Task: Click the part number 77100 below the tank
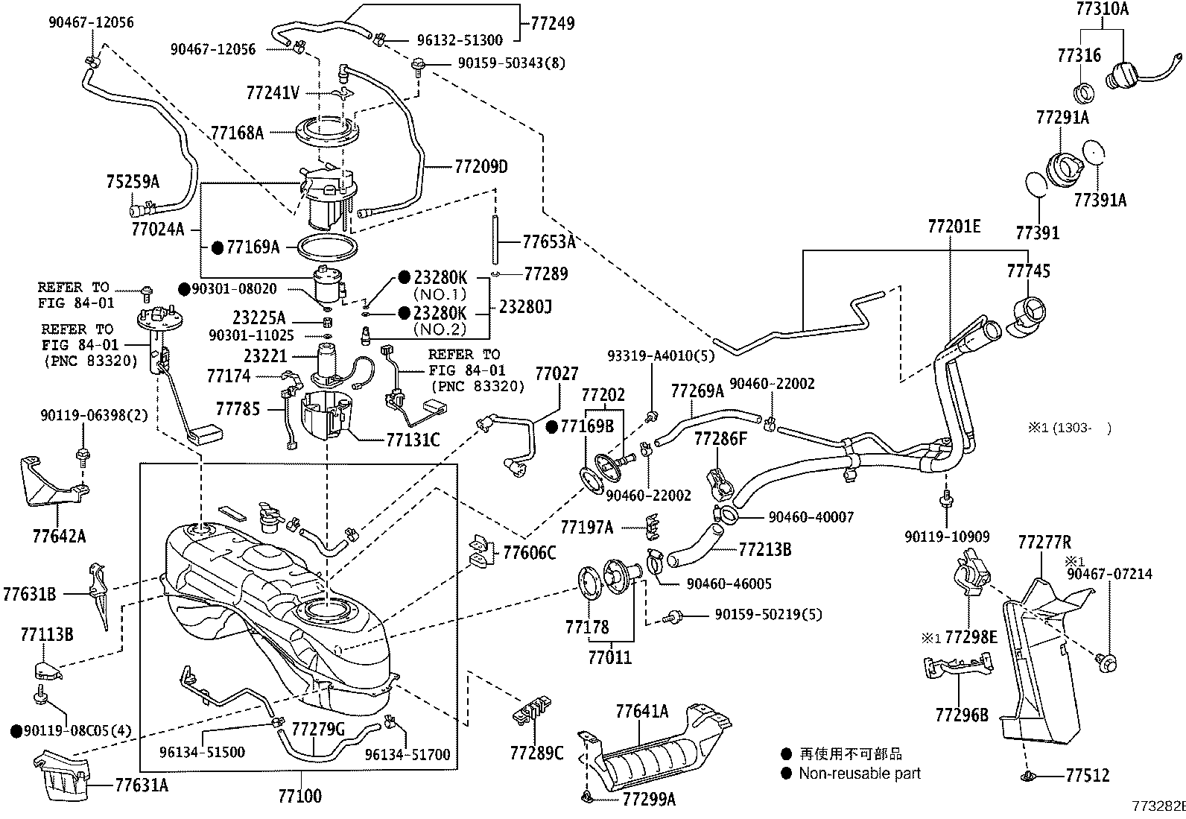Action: pyautogui.click(x=299, y=796)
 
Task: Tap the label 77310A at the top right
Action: pyautogui.click(x=1102, y=9)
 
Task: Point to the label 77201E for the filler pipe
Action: pyautogui.click(x=954, y=226)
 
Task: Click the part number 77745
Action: pyautogui.click(x=1028, y=271)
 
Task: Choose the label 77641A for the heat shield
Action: pyautogui.click(x=641, y=711)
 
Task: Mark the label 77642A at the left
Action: pyautogui.click(x=59, y=536)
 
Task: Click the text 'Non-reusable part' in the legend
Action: pyautogui.click(x=860, y=774)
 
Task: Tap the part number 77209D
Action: pyautogui.click(x=481, y=166)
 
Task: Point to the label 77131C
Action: pyautogui.click(x=413, y=440)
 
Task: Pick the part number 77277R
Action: pyautogui.click(x=1044, y=542)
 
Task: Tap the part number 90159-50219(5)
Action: pyautogui.click(x=768, y=615)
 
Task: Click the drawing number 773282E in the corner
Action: pyautogui.click(x=1158, y=806)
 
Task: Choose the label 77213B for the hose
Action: pyautogui.click(x=764, y=550)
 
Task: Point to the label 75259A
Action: pyautogui.click(x=133, y=181)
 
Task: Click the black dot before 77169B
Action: pyautogui.click(x=552, y=427)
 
